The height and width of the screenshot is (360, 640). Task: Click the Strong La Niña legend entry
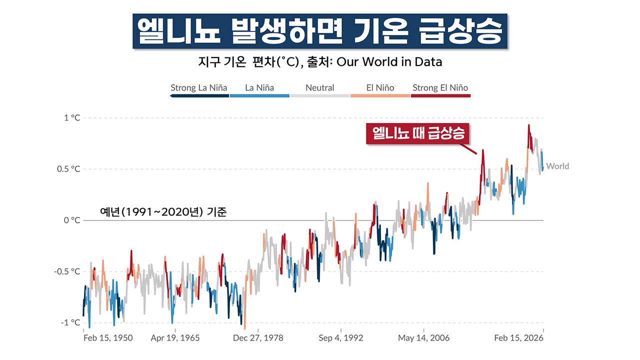pyautogui.click(x=198, y=88)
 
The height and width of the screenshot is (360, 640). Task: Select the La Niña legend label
pyautogui.click(x=259, y=88)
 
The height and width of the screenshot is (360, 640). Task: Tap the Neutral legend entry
pyautogui.click(x=319, y=88)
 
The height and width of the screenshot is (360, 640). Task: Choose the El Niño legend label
pyautogui.click(x=380, y=88)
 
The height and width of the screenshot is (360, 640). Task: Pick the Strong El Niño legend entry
pyautogui.click(x=440, y=88)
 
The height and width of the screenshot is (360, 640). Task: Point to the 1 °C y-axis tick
pyautogui.click(x=71, y=118)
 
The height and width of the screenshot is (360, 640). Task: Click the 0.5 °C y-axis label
pyautogui.click(x=68, y=169)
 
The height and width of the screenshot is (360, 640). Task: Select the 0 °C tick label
pyautogui.click(x=71, y=220)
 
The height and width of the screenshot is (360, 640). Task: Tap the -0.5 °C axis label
pyautogui.click(x=67, y=271)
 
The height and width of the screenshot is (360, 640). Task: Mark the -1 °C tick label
pyautogui.click(x=70, y=322)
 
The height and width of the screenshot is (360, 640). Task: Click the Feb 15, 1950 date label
pyautogui.click(x=107, y=338)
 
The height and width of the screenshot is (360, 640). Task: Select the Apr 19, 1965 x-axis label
pyautogui.click(x=175, y=338)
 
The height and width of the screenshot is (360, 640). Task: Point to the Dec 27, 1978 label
pyautogui.click(x=257, y=338)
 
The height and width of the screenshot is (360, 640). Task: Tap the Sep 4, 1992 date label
pyautogui.click(x=340, y=338)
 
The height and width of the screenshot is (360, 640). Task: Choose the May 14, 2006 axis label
pyautogui.click(x=423, y=338)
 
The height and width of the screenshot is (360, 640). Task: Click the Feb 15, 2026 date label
pyautogui.click(x=518, y=338)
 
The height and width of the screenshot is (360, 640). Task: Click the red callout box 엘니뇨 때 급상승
pyautogui.click(x=418, y=133)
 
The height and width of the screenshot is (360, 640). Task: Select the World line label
pyautogui.click(x=557, y=166)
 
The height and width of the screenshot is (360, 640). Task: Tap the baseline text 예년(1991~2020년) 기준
pyautogui.click(x=163, y=212)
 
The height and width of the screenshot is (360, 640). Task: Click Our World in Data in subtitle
pyautogui.click(x=389, y=62)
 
